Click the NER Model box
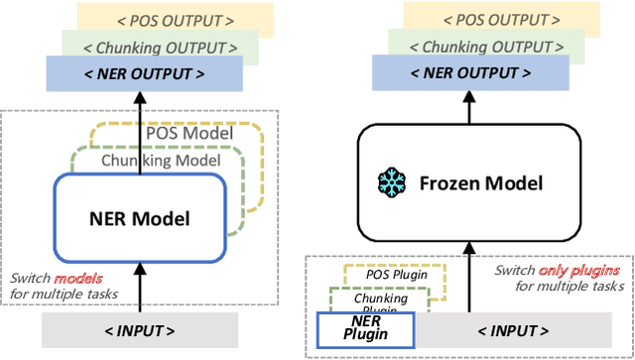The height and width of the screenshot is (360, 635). click(139, 217)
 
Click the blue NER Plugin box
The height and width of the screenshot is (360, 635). click(351, 327)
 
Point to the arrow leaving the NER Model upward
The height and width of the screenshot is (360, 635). click(140, 129)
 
